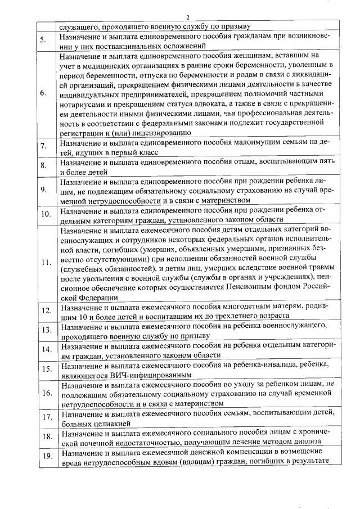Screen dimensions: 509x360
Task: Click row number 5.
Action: (x=43, y=40)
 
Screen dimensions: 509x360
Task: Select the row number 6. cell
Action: (x=43, y=93)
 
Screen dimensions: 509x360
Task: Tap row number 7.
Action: (x=43, y=147)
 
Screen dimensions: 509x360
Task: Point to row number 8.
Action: (x=43, y=166)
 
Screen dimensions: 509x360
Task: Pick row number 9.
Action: (x=43, y=190)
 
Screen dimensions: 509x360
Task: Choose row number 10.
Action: (x=44, y=214)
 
